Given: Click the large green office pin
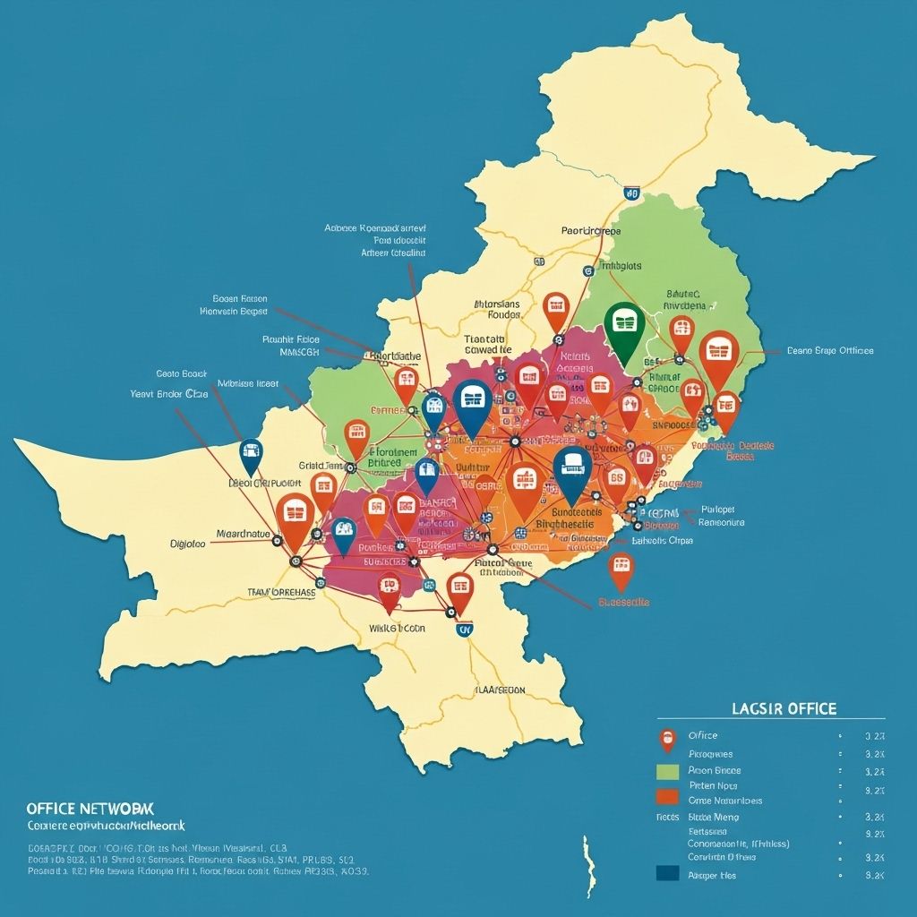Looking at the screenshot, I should (625, 326).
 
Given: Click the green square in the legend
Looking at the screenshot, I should (667, 770).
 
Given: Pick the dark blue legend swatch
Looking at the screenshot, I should (667, 874).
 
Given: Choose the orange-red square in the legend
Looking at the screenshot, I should (667, 797).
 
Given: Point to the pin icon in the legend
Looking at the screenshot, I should (667, 738).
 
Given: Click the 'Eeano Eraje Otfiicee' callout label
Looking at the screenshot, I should (830, 351).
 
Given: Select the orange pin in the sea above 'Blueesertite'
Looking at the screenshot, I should (621, 569).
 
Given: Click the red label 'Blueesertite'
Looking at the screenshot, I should (624, 603).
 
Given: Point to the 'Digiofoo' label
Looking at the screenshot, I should (188, 544).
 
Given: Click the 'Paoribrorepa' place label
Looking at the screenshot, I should (590, 230).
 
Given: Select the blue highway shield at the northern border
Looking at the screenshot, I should (631, 192).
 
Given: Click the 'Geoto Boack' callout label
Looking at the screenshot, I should (181, 373).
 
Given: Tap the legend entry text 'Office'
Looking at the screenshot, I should (703, 735).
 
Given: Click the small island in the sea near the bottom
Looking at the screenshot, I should (589, 864).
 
